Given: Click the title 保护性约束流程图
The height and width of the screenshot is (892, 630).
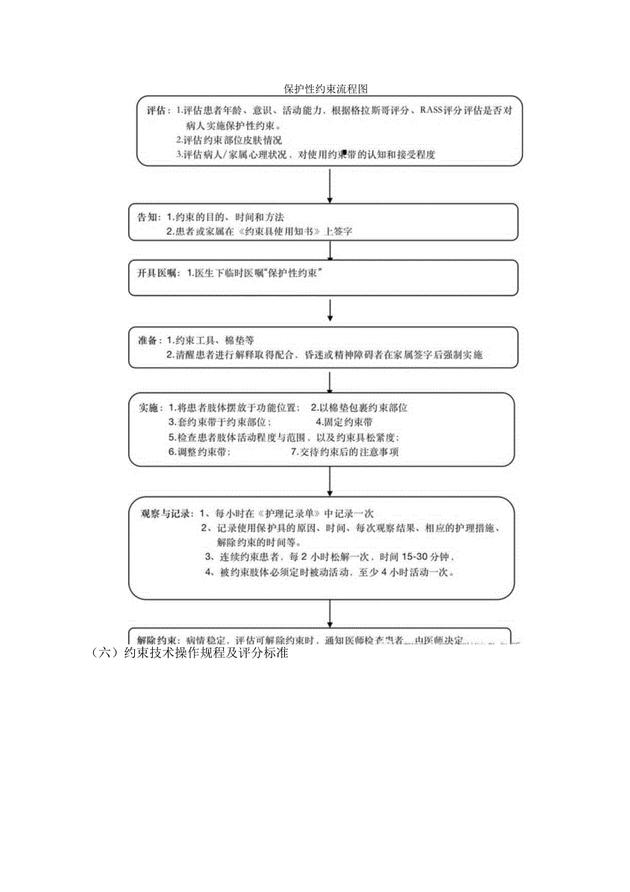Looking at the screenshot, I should click(x=327, y=89).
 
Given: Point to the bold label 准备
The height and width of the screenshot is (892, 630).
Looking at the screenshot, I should click(x=148, y=340).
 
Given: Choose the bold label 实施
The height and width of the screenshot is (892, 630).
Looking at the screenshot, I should click(x=149, y=407).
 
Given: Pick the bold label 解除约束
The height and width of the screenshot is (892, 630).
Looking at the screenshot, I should click(x=160, y=641).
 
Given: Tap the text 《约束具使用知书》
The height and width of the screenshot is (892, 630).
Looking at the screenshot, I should click(x=281, y=232).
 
